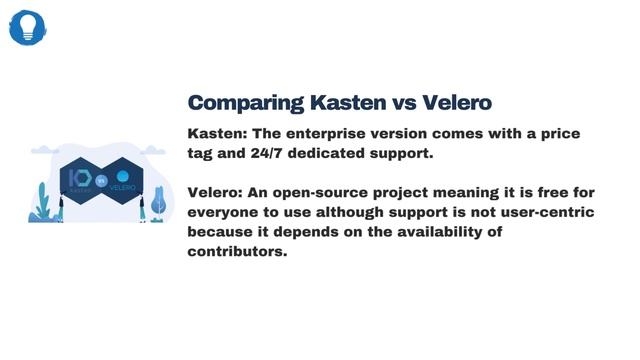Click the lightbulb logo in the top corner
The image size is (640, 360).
(28, 27)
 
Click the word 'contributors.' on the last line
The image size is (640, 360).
(237, 251)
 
